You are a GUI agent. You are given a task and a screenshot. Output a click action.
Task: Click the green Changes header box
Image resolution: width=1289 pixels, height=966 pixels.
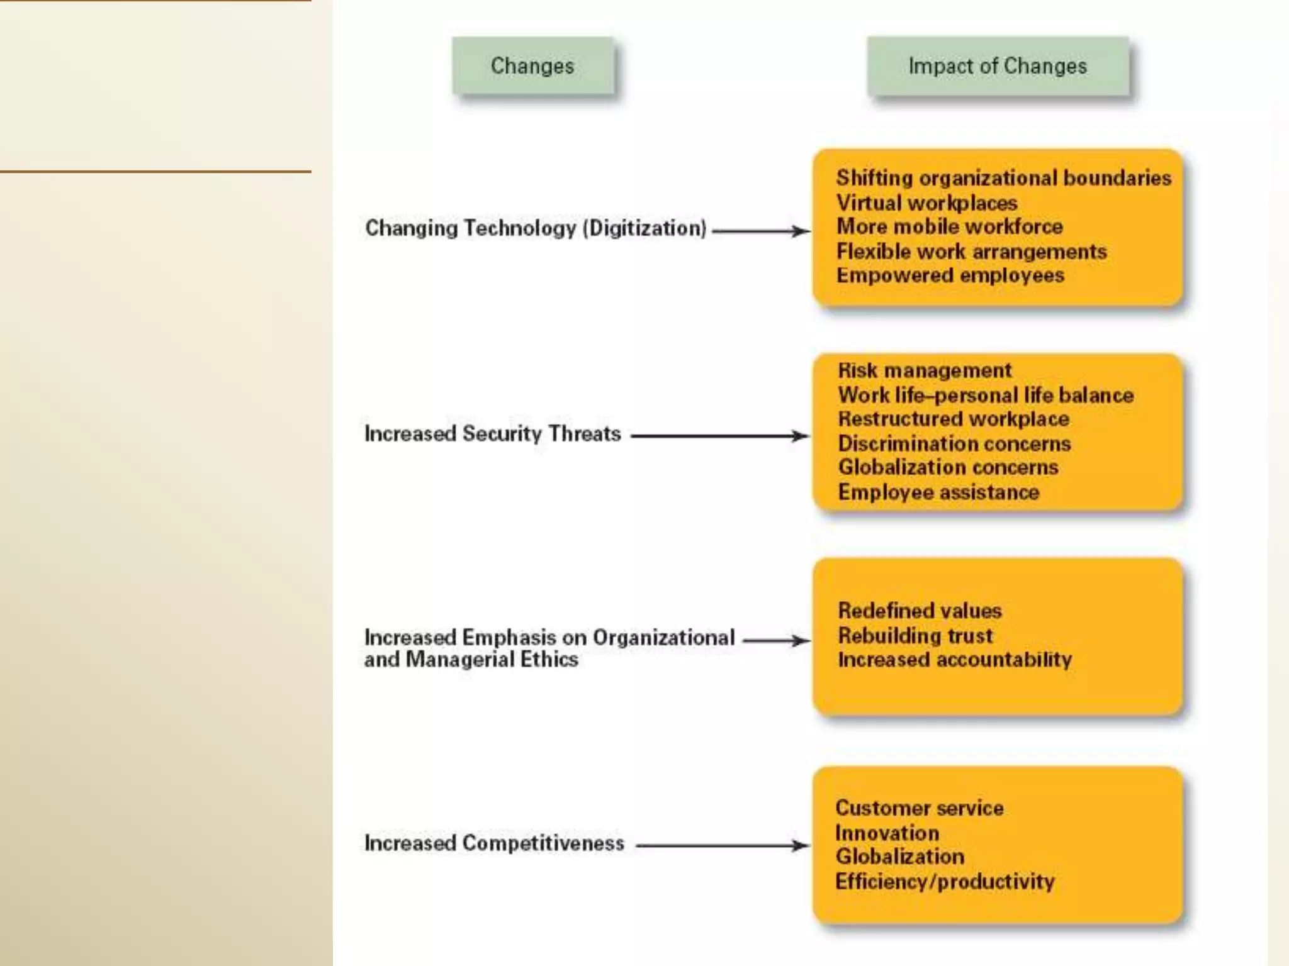pyautogui.click(x=532, y=66)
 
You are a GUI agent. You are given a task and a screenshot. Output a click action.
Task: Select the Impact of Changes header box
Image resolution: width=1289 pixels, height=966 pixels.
pyautogui.click(x=998, y=66)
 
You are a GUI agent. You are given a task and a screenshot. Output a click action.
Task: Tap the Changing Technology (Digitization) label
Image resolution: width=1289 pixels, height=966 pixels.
pyautogui.click(x=536, y=228)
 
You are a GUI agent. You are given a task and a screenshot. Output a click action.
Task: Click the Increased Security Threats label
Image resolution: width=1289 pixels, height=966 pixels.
pyautogui.click(x=493, y=434)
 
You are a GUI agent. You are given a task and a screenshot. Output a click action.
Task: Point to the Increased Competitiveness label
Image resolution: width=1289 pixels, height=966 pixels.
pyautogui.click(x=494, y=843)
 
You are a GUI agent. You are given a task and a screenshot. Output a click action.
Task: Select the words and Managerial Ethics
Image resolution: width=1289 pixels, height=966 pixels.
pyautogui.click(x=471, y=660)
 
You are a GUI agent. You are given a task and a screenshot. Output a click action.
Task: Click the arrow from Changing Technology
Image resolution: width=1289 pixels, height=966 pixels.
pyautogui.click(x=760, y=231)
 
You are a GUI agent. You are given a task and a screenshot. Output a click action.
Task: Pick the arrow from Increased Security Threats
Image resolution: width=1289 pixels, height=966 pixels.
pyautogui.click(x=719, y=436)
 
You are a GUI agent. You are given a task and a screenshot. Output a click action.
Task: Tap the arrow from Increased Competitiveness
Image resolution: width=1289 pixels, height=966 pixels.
pyautogui.click(x=722, y=846)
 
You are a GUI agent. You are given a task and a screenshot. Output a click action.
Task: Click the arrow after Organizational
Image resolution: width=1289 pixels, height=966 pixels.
pyautogui.click(x=776, y=641)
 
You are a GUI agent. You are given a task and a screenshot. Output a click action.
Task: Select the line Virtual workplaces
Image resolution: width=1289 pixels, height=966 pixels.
pyautogui.click(x=926, y=203)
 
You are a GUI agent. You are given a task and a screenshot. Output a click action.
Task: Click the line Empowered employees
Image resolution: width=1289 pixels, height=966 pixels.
pyautogui.click(x=950, y=275)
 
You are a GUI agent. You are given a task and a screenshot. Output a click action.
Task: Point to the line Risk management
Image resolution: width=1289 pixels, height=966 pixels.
pyautogui.click(x=925, y=370)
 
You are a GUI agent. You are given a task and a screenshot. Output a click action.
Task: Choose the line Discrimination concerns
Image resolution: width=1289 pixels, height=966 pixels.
pyautogui.click(x=954, y=444)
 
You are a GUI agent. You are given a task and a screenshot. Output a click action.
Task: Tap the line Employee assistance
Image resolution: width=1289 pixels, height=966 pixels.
pyautogui.click(x=938, y=492)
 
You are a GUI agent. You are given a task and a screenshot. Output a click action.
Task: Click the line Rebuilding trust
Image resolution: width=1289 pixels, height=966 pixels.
pyautogui.click(x=915, y=636)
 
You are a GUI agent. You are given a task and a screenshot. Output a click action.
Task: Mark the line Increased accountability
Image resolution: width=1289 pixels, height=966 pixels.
pyautogui.click(x=955, y=660)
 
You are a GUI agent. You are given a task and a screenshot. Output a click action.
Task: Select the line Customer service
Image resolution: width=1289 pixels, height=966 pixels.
pyautogui.click(x=919, y=808)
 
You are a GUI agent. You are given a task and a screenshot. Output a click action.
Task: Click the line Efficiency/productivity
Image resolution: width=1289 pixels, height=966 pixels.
pyautogui.click(x=945, y=882)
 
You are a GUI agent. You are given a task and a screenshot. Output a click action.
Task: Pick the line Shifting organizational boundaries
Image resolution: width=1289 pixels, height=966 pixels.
pyautogui.click(x=1003, y=178)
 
